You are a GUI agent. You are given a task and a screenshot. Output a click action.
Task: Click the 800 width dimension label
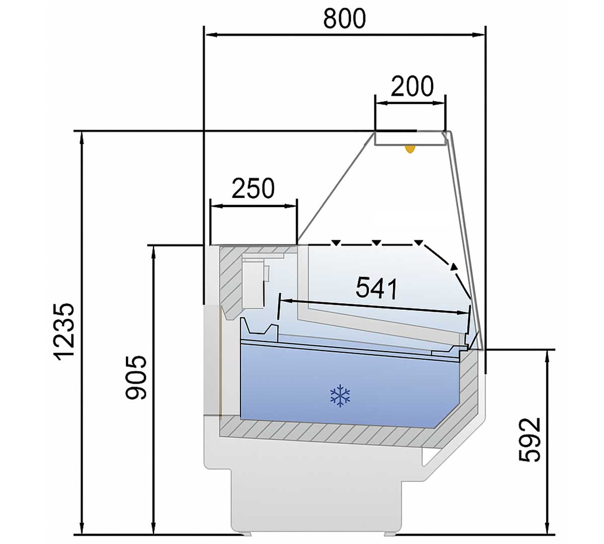(x=344, y=18)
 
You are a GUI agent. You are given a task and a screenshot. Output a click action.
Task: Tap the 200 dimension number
(x=412, y=86)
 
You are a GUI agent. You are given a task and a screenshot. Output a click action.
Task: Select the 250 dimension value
(x=253, y=188)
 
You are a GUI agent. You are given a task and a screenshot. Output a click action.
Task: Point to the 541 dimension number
(x=376, y=288)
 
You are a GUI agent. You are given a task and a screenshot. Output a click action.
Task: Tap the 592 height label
(x=530, y=440)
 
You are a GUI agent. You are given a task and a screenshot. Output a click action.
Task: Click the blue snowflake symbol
(x=340, y=395)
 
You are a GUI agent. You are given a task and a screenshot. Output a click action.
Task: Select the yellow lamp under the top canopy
(x=410, y=149)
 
